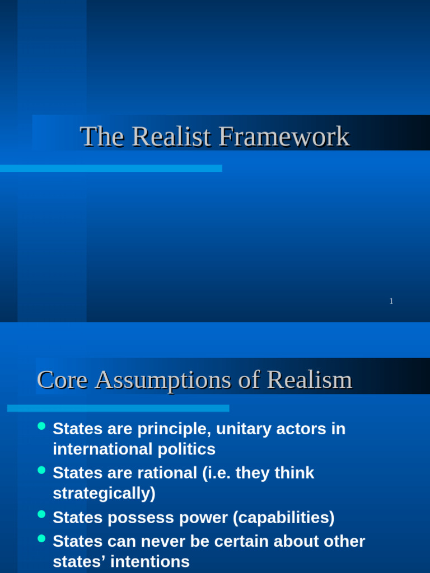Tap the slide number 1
(391, 301)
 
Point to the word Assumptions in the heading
(163, 381)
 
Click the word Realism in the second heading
(309, 381)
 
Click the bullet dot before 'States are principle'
(41, 426)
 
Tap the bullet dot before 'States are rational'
(41, 471)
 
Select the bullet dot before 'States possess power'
(41, 515)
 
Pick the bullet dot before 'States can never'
(41, 539)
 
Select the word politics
(185, 449)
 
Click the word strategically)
(104, 493)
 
